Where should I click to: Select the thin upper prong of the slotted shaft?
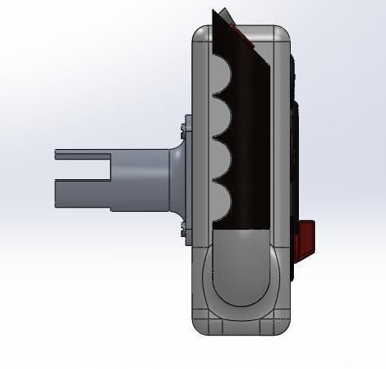tap(81, 155)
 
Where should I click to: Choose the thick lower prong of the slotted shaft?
tap(81, 192)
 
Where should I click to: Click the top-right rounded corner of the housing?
tap(283, 33)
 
